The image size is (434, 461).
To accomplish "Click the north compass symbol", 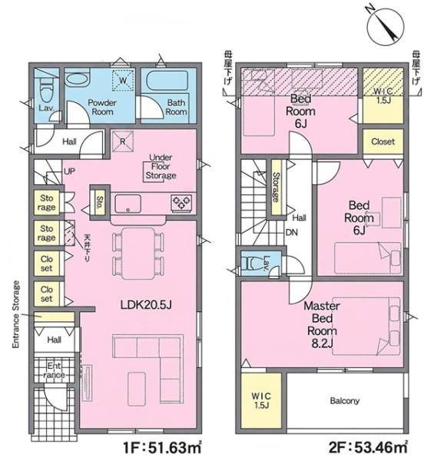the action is click(386, 26).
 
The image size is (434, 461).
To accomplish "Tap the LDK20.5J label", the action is click(146, 305).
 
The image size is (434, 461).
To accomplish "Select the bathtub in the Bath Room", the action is click(167, 81).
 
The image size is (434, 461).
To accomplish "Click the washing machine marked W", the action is click(123, 80).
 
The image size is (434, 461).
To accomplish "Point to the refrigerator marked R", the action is click(123, 141).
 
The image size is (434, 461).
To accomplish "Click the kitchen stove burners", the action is click(181, 203).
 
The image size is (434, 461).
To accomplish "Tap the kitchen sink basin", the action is click(128, 204).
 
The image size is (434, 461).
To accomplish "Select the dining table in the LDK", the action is click(137, 254).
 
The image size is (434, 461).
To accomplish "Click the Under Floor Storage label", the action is click(161, 167).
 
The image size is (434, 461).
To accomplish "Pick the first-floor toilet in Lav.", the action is click(45, 91).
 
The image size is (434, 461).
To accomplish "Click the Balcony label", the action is click(345, 401).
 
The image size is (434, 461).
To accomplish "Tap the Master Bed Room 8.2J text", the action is click(322, 324).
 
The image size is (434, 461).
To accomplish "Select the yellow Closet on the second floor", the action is click(383, 141).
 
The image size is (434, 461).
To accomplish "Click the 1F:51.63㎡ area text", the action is click(163, 447).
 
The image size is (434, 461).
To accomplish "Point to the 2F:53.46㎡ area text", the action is click(368, 447).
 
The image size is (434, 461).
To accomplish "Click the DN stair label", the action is click(292, 233).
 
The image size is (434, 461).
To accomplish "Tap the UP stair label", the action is click(69, 171).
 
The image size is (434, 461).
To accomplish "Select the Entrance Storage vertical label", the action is click(16, 314).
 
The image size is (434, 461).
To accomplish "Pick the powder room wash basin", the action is click(76, 79).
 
